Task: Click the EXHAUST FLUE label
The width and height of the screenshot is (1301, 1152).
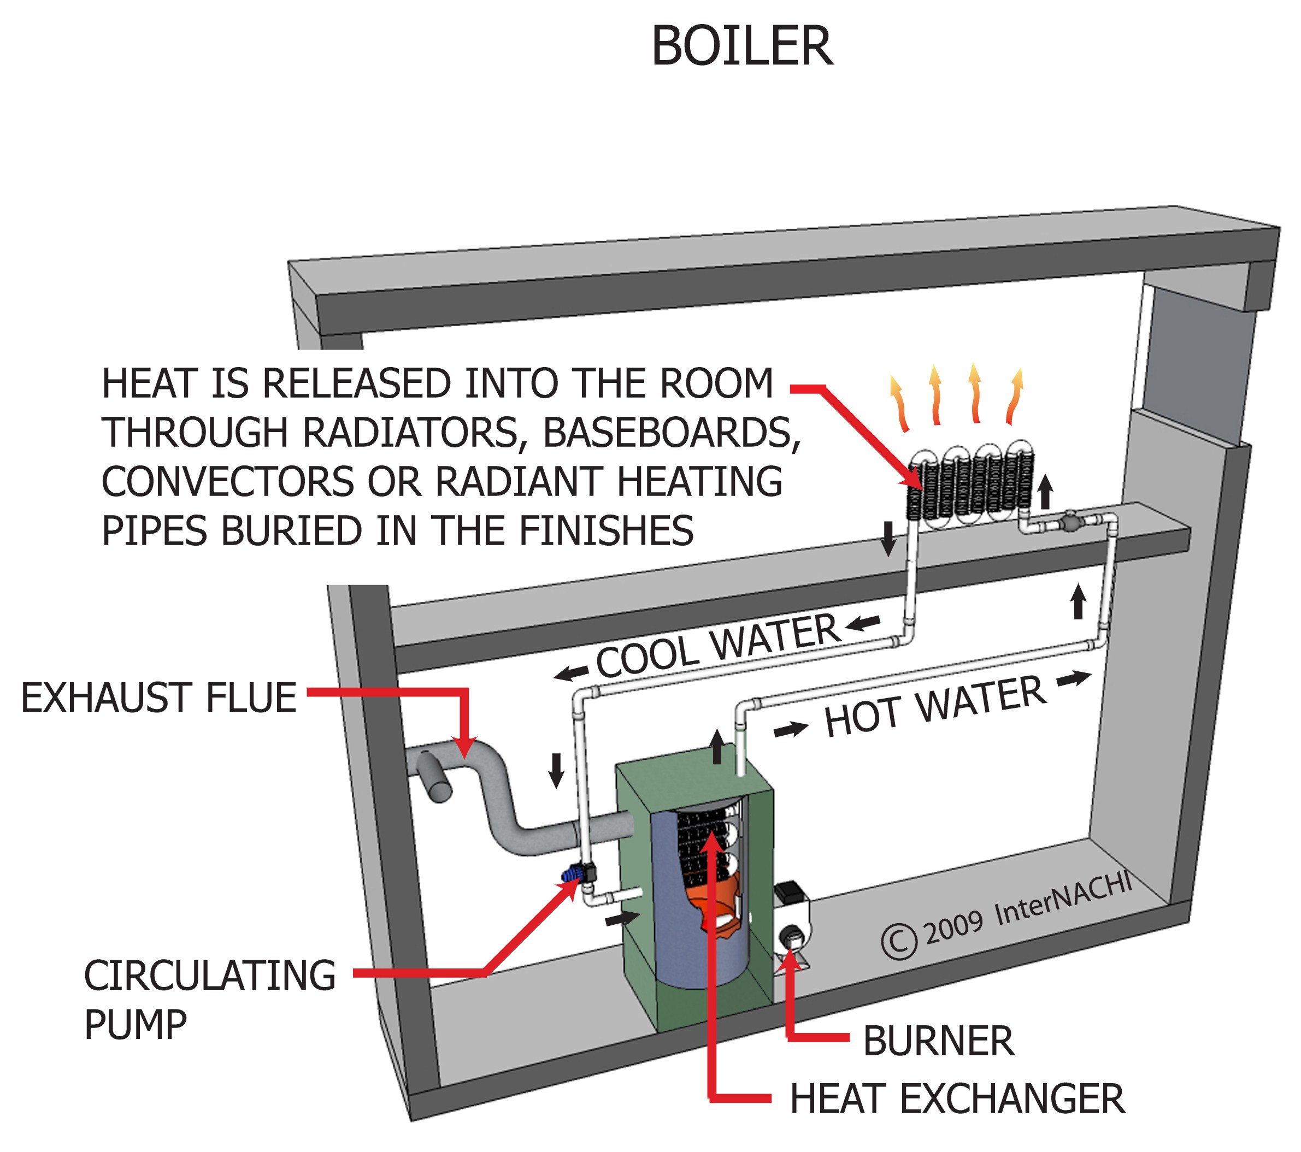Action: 158,698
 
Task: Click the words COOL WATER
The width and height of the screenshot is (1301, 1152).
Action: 717,646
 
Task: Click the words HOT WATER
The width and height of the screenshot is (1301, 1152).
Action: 935,706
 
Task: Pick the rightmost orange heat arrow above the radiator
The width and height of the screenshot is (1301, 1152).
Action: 1015,396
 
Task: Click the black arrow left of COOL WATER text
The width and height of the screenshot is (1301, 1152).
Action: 571,672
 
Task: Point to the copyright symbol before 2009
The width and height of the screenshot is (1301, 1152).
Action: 899,941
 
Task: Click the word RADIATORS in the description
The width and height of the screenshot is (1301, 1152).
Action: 410,433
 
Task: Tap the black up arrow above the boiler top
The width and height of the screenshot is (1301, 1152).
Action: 717,747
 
